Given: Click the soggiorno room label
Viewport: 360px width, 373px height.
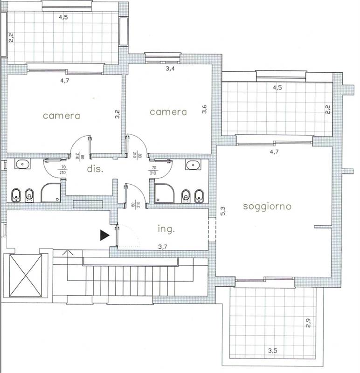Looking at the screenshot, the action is click(267, 207).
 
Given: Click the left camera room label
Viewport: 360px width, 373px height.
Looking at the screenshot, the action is click(62, 116).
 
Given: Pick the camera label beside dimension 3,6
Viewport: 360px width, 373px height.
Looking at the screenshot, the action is click(168, 112).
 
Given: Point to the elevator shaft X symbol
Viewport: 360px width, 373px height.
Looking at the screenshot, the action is click(26, 276).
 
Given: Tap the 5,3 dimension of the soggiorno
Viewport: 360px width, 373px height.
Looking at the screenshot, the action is click(223, 211).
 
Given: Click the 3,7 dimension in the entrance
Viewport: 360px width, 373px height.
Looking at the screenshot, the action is click(162, 247).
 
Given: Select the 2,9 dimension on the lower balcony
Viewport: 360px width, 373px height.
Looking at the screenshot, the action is click(308, 323).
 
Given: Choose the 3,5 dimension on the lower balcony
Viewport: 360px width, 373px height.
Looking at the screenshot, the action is click(272, 351).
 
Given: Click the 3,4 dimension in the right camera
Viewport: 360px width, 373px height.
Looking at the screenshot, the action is click(170, 69).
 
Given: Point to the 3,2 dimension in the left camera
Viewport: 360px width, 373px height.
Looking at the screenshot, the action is click(117, 114).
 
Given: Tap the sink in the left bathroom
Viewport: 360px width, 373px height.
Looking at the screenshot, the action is click(22, 164).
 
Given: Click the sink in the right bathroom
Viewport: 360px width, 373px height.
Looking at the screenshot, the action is click(193, 165).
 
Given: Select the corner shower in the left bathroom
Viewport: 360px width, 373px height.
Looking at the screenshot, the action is click(51, 193).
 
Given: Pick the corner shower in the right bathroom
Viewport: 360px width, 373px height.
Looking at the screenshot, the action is click(164, 193).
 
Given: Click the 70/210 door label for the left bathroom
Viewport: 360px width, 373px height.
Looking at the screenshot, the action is click(63, 170).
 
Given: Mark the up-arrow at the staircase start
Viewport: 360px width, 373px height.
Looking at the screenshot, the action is click(68, 253).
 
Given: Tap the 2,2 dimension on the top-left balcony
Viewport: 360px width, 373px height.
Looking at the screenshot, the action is click(11, 38).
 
